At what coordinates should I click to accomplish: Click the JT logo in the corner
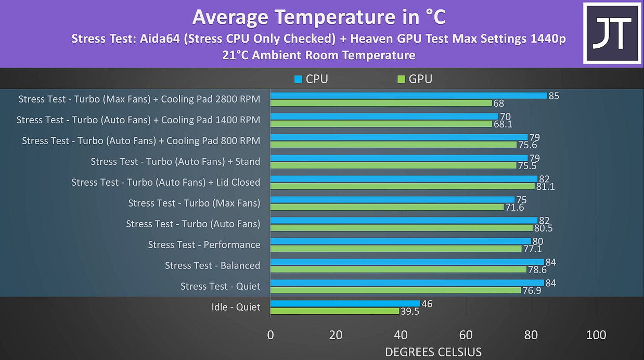click(x=612, y=33)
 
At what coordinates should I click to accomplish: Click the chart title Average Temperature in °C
click(x=318, y=17)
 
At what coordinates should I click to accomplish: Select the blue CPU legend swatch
click(x=298, y=79)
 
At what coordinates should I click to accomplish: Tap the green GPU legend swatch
click(x=401, y=79)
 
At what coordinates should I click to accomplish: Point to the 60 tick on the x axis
click(x=466, y=335)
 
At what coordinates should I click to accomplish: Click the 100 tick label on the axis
click(x=596, y=335)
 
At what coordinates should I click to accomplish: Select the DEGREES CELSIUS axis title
click(x=433, y=352)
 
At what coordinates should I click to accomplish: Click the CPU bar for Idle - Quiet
click(x=344, y=303)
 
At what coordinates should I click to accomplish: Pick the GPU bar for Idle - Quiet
click(x=334, y=311)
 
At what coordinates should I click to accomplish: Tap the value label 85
click(x=553, y=96)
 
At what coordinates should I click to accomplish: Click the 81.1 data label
click(x=545, y=186)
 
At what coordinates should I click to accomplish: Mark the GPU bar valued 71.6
click(x=388, y=207)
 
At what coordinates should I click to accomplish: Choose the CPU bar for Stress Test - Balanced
click(x=407, y=262)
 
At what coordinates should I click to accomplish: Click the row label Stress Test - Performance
click(x=204, y=245)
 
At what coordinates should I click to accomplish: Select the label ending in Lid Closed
click(x=165, y=182)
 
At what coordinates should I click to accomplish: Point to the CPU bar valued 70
click(x=384, y=116)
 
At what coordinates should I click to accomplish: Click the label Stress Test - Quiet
click(x=220, y=286)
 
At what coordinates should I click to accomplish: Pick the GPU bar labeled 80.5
click(x=401, y=228)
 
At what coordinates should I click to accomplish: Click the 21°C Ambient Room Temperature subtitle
click(x=318, y=55)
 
